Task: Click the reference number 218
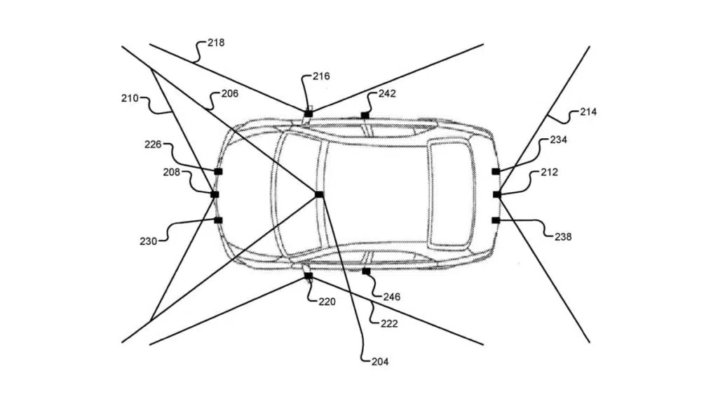pyautogui.click(x=216, y=43)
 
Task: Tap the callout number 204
pyautogui.click(x=380, y=362)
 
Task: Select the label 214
pyautogui.click(x=588, y=112)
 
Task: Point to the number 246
pyautogui.click(x=392, y=297)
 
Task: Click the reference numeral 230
pyautogui.click(x=149, y=241)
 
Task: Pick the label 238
pyautogui.click(x=563, y=237)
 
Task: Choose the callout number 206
pyautogui.click(x=230, y=93)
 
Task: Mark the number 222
pyautogui.click(x=389, y=324)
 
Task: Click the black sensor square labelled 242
pyautogui.click(x=365, y=115)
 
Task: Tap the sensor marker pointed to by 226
pyautogui.click(x=219, y=171)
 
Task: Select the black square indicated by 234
pyautogui.click(x=496, y=171)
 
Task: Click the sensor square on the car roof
pyautogui.click(x=319, y=195)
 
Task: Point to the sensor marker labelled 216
pyautogui.click(x=309, y=114)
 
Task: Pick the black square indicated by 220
pyautogui.click(x=309, y=276)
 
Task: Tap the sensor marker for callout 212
pyautogui.click(x=497, y=195)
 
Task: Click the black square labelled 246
pyautogui.click(x=366, y=271)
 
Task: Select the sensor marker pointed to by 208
pyautogui.click(x=215, y=195)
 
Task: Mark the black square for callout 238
pyautogui.click(x=496, y=220)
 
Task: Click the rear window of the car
pyautogui.click(x=449, y=195)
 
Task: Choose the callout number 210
pyautogui.click(x=130, y=98)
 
